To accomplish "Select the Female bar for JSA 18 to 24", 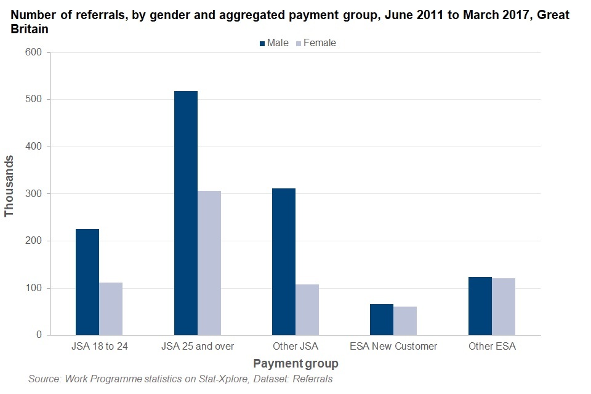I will click(111, 308).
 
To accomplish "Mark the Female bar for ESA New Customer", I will click(405, 321).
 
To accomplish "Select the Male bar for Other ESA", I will click(480, 306).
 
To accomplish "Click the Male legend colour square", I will click(262, 44).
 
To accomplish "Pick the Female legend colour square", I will click(299, 44).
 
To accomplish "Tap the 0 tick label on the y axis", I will click(38, 336).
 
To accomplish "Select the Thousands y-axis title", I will click(9, 186).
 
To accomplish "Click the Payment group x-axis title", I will click(295, 364).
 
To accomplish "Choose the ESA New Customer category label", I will click(393, 347).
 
